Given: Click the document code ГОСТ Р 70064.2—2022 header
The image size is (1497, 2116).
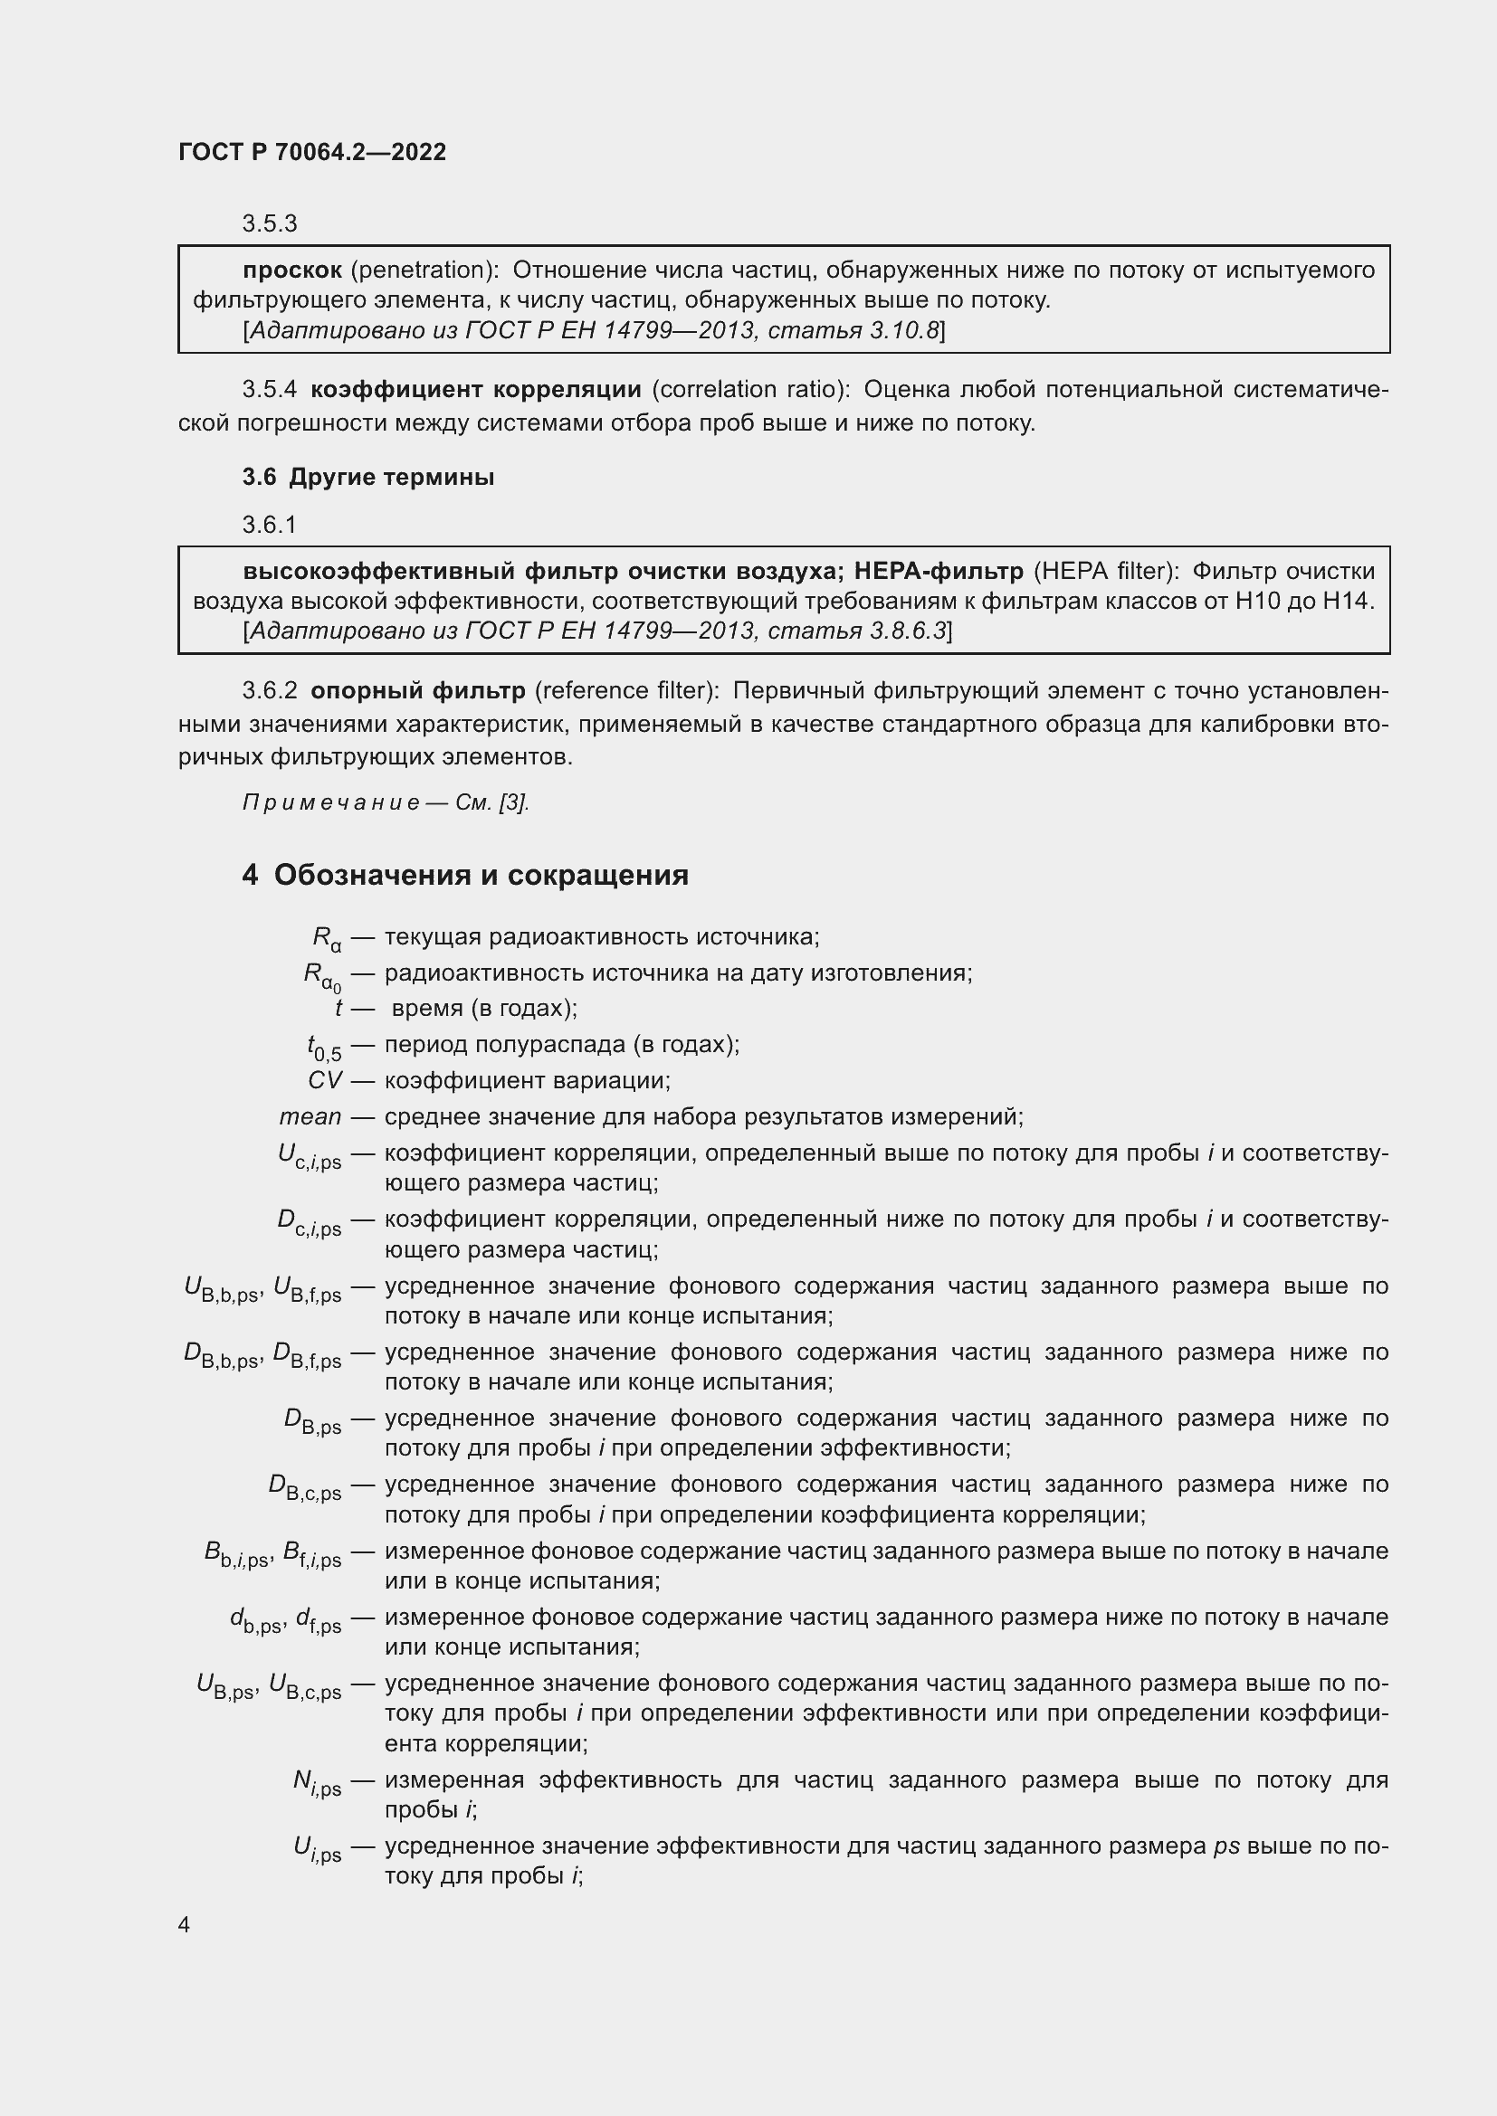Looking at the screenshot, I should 311,152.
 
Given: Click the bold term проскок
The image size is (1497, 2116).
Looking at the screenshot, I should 292,270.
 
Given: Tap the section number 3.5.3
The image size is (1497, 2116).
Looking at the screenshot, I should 269,224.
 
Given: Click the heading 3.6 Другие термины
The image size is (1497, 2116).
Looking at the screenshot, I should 368,478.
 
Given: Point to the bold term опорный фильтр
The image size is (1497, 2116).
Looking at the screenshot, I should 417,690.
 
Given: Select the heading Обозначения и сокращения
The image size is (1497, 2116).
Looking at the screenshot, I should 481,875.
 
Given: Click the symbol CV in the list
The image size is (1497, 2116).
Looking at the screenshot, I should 325,1080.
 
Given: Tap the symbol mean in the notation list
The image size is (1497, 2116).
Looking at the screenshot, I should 310,1117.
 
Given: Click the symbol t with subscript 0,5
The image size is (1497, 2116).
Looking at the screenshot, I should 323,1047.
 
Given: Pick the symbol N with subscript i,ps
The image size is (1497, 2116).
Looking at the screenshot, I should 317,1781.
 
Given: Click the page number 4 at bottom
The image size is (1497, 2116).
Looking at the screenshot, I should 184,1925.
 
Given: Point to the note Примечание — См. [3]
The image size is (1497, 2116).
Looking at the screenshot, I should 386,802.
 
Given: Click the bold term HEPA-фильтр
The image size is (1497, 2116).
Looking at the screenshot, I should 939,572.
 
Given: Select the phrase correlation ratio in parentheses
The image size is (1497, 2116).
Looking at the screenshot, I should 749,390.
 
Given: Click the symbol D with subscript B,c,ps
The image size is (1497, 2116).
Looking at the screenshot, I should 305,1486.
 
